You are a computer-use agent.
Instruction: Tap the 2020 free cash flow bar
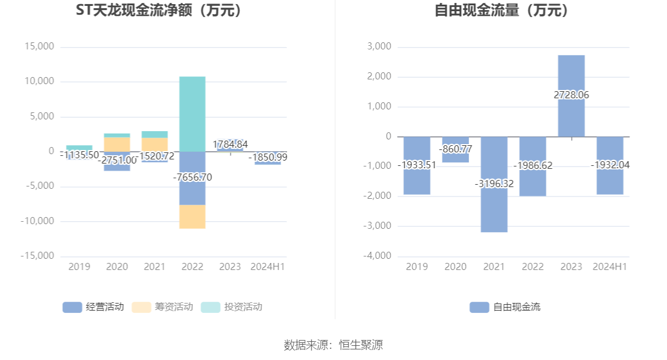[456, 156]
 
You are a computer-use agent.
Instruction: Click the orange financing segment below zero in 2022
[192, 216]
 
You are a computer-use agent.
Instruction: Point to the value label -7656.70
[192, 177]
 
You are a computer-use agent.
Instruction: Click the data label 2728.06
[571, 95]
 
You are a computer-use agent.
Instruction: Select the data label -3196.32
[494, 184]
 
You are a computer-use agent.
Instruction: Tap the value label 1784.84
[230, 144]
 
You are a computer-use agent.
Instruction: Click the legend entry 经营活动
[94, 306]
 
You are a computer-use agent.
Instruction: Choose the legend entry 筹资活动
[163, 306]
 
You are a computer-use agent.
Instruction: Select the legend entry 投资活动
[232, 306]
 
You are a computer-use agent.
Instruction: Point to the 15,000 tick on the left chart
[39, 46]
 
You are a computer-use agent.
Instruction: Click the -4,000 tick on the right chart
[378, 256]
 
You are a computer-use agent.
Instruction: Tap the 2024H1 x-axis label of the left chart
[268, 266]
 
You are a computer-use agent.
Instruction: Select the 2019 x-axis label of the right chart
[417, 266]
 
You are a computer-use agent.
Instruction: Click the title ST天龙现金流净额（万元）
[159, 10]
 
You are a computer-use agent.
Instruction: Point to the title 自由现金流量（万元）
[502, 10]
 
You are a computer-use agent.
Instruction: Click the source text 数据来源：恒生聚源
[333, 345]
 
